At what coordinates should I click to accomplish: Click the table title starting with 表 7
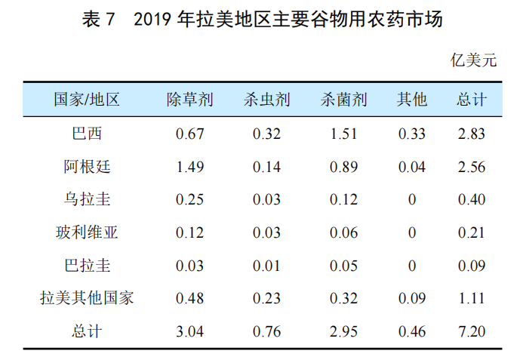(x=261, y=20)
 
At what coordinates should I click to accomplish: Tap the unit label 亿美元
(x=474, y=61)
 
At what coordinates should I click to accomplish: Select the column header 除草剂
(x=189, y=100)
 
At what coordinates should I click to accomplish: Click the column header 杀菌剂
(x=343, y=100)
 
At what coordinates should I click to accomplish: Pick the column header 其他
(x=412, y=100)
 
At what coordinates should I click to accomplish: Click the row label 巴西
(x=87, y=134)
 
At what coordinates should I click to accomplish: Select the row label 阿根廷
(x=87, y=167)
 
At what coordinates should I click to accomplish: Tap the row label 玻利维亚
(x=87, y=232)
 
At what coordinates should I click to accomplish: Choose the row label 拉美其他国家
(x=87, y=298)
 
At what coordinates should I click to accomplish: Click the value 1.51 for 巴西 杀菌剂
(x=343, y=134)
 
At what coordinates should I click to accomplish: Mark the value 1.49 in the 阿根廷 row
(x=189, y=167)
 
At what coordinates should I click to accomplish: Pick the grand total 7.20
(x=472, y=331)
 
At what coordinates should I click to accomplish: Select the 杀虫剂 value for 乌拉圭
(x=266, y=200)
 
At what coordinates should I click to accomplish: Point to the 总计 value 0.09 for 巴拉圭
(x=472, y=266)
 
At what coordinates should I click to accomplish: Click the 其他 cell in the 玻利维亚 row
(x=412, y=232)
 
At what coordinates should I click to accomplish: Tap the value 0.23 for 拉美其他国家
(x=266, y=298)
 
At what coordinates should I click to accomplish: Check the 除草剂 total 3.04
(x=189, y=331)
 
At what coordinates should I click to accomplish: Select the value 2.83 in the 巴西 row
(x=472, y=134)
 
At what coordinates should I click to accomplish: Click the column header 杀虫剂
(x=266, y=100)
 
